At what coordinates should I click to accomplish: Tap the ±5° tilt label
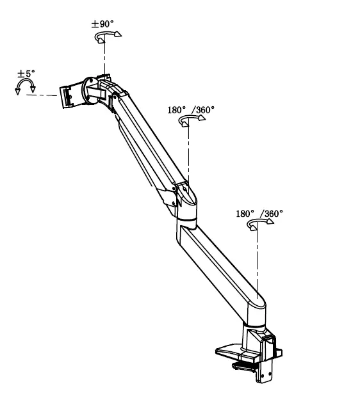pos(26,74)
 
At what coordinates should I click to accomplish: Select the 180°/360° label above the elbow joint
pos(191,110)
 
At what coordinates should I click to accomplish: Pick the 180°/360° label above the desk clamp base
pos(259,214)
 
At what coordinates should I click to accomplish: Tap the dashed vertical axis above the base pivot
pos(256,262)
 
